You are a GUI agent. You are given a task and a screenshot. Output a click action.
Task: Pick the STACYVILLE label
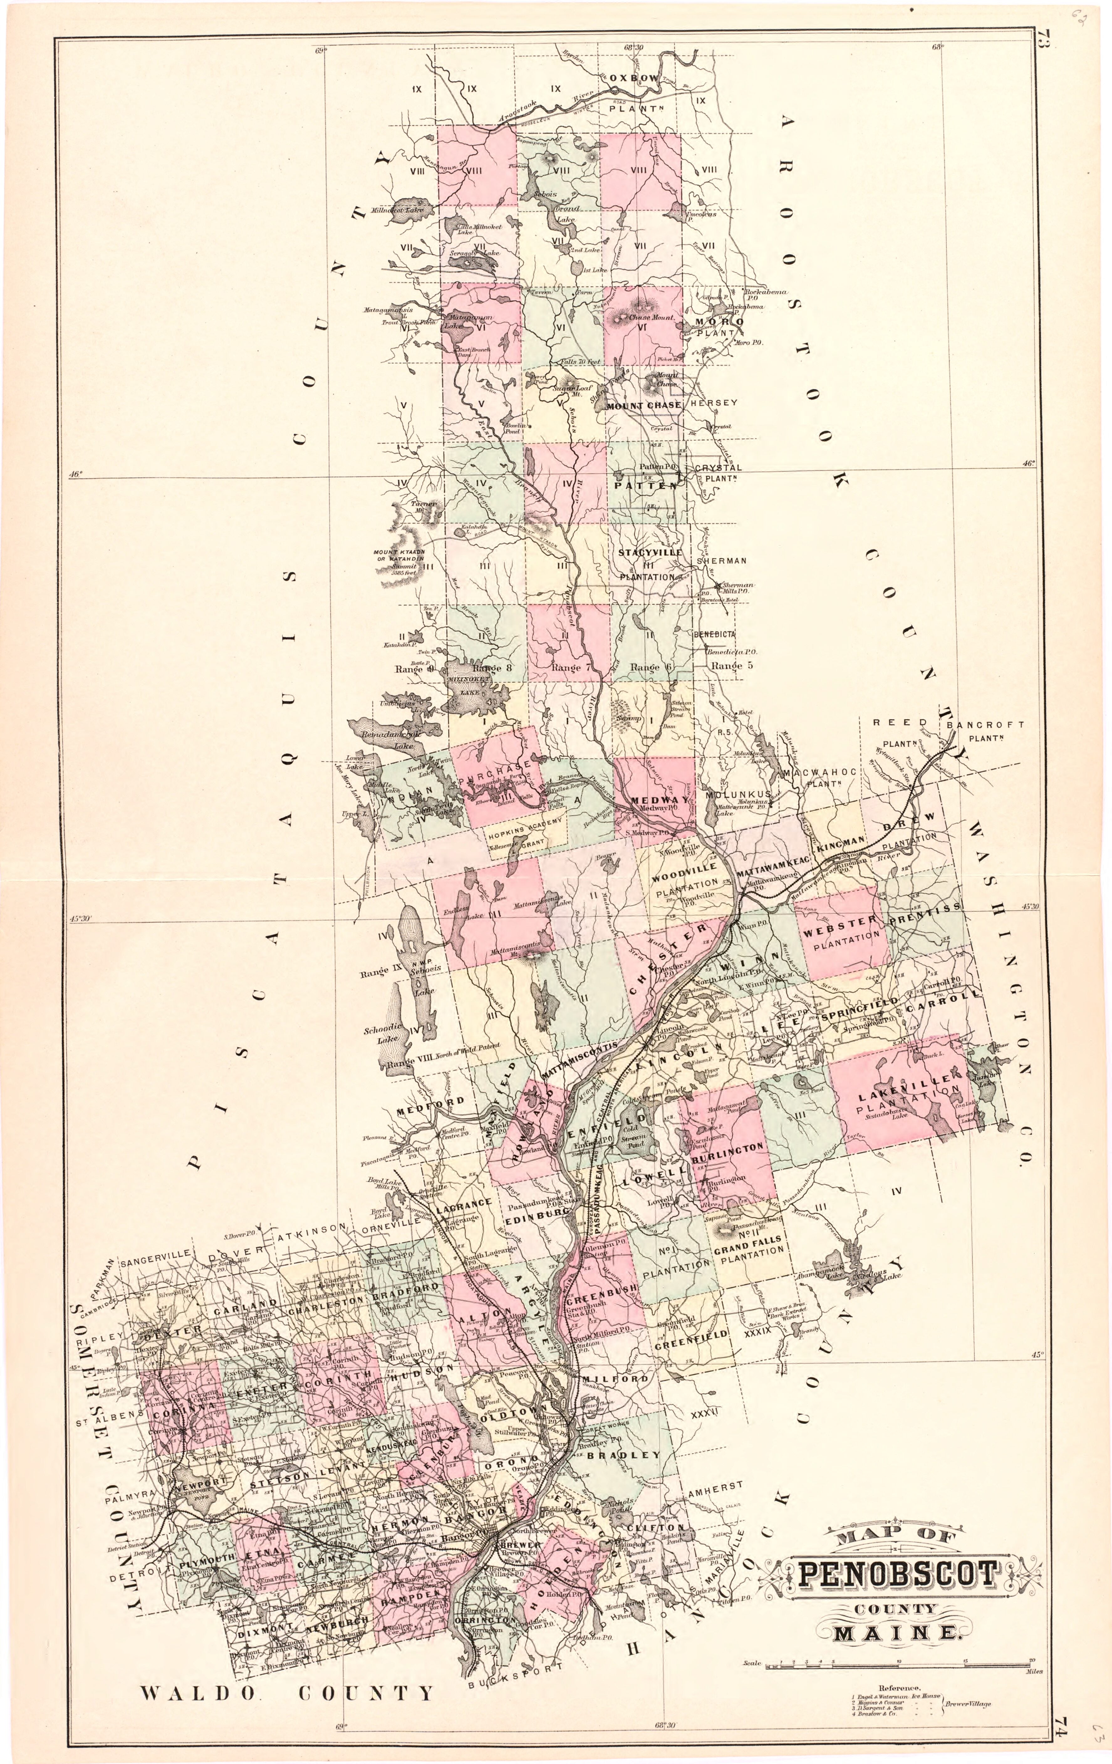click(x=650, y=552)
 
